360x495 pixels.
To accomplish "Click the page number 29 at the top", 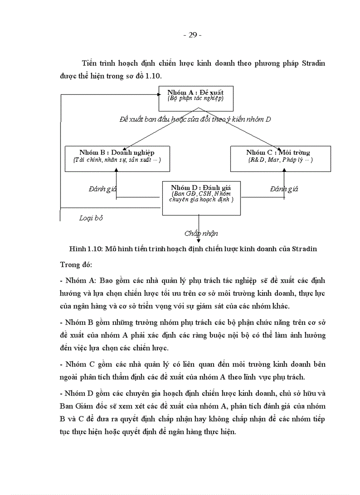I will [192, 35].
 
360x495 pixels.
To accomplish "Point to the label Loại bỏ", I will [91, 218].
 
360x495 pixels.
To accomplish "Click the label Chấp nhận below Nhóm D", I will [201, 234].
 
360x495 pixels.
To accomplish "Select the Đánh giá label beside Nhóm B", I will [102, 189].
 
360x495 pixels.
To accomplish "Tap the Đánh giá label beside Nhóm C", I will [284, 189].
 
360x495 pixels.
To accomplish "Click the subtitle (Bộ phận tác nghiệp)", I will [195, 98].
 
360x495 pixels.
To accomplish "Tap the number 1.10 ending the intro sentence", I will [153, 76].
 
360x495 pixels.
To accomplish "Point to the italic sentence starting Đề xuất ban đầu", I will [195, 119].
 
